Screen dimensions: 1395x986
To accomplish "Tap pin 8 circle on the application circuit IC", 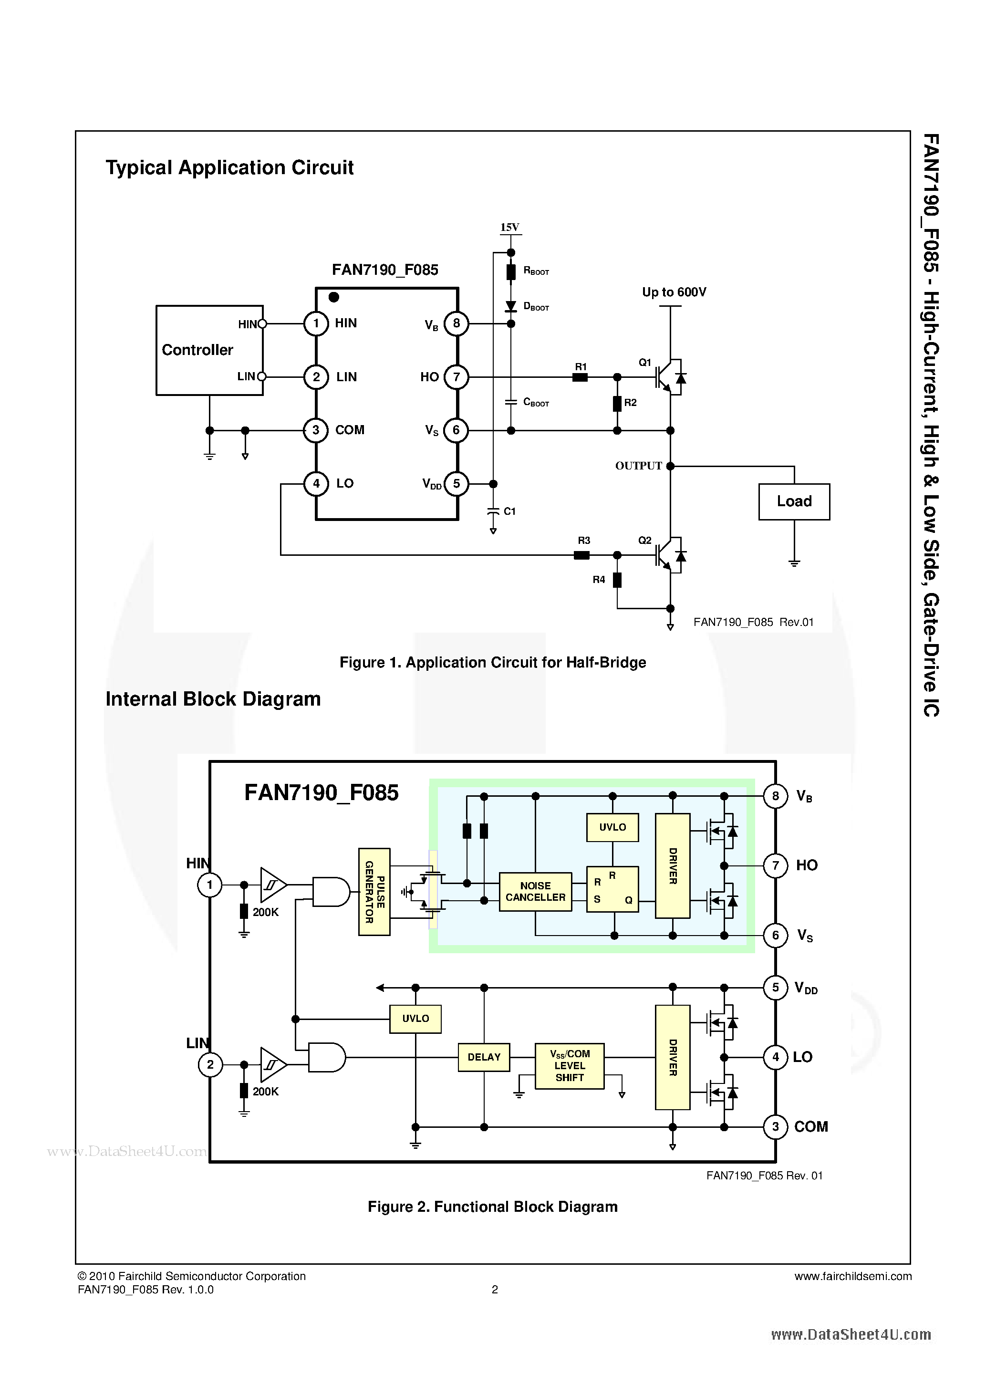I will pos(456,323).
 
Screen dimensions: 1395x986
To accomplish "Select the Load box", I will pos(794,501).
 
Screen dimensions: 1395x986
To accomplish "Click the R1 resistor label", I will pos(581,366).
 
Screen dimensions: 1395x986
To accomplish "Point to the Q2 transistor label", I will pos(644,540).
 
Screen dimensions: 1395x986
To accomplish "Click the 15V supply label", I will pos(510,227).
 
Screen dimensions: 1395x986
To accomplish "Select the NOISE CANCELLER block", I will pos(535,891).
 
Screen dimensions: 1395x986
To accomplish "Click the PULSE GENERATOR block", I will pos(374,891).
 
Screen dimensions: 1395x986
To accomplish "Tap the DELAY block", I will pos(484,1057).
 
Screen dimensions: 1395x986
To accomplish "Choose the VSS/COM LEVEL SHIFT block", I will pos(569,1066).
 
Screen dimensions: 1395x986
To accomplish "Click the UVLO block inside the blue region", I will pos(612,827).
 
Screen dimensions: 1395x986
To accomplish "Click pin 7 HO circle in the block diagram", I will pos(775,865).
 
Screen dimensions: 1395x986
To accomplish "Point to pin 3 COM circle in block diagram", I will pos(775,1127).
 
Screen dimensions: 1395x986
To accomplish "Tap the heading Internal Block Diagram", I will pos(213,699).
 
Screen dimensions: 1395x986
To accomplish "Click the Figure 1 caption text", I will pos(492,662).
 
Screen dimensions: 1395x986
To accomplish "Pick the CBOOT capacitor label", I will pos(535,402).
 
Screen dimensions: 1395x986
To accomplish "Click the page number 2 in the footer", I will pos(495,1289).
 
